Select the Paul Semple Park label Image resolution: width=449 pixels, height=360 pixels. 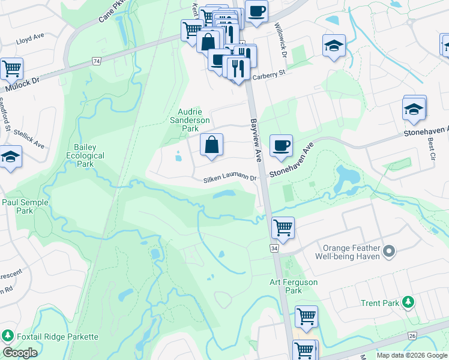(25, 206)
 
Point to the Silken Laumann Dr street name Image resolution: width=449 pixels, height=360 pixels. (230, 179)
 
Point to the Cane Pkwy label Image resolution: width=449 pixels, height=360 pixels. (113, 13)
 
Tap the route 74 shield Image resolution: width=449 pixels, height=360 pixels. (96, 61)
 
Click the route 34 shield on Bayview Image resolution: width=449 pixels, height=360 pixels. (274, 248)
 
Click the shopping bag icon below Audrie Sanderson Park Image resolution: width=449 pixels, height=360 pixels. (211, 145)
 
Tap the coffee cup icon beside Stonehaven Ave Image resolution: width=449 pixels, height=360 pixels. (281, 146)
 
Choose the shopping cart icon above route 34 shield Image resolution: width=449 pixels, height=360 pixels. (282, 227)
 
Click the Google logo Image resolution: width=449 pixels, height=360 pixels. (20, 353)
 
